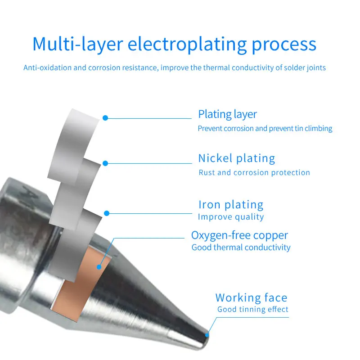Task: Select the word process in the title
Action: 283,45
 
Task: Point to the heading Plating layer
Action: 227,114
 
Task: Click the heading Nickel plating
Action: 236,158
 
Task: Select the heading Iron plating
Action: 231,205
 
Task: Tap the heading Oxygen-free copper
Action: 239,235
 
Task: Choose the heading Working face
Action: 251,297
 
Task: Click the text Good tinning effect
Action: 253,310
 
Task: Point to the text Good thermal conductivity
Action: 241,247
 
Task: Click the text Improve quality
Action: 231,217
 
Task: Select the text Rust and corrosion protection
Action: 254,172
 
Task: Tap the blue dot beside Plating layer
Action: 105,118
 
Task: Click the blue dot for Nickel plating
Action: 105,163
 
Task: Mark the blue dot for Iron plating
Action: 107,213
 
